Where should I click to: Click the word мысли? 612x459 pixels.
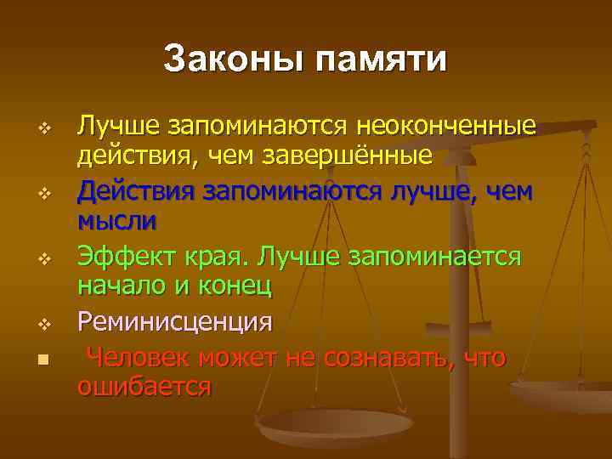(117, 221)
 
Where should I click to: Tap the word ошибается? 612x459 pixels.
(144, 387)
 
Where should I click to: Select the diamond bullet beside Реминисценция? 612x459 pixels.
(45, 323)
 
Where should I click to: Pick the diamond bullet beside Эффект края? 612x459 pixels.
(45, 258)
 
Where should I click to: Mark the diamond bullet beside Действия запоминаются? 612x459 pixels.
(45, 194)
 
